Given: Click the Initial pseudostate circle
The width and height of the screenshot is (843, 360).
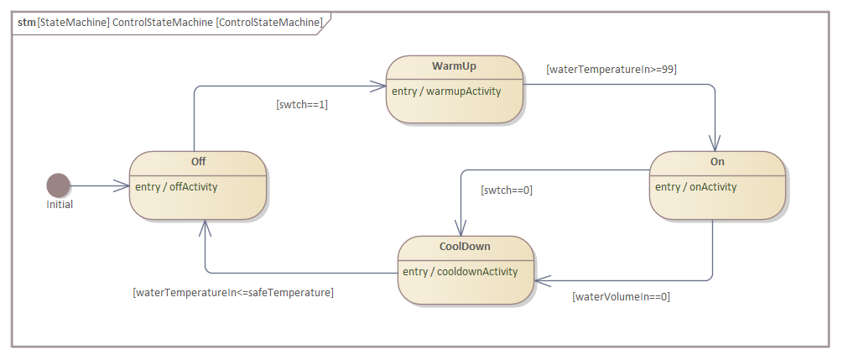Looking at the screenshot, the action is [x=58, y=185].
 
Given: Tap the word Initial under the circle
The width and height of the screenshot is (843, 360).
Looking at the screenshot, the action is [x=60, y=205].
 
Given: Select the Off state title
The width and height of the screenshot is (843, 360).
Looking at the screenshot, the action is [x=199, y=161].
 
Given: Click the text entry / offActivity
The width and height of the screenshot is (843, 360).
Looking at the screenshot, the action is [x=176, y=187].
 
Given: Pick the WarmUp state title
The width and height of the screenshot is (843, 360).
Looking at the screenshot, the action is [x=455, y=66].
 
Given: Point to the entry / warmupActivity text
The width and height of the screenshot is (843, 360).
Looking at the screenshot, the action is [x=446, y=91].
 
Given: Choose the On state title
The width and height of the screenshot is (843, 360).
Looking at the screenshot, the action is [x=718, y=161].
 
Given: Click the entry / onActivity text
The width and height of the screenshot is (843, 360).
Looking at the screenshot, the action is [x=695, y=187].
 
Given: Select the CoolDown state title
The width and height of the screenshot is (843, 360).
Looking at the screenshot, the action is [x=465, y=247].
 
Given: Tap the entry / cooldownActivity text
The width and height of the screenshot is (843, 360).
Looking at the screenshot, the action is [x=461, y=272].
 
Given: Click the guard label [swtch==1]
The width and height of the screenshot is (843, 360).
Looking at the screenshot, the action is [x=302, y=105].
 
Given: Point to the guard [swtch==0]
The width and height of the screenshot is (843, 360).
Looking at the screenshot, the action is [x=507, y=190].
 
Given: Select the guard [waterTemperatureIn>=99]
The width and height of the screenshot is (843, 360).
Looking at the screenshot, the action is [x=611, y=70].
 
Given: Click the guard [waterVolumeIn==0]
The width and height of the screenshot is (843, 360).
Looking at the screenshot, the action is [x=621, y=297].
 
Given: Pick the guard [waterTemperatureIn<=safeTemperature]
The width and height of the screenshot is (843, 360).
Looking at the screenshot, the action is [x=233, y=293].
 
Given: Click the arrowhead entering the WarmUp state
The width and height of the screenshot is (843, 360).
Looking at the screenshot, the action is [x=378, y=86].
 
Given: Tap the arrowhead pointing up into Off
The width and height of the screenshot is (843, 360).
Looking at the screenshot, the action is [x=205, y=228].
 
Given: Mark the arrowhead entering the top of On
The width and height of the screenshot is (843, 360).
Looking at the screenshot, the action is [x=715, y=143].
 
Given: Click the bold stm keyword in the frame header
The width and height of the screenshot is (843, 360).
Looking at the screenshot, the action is [x=26, y=23].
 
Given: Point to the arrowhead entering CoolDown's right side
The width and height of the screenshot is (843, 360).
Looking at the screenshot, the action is [x=543, y=280].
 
